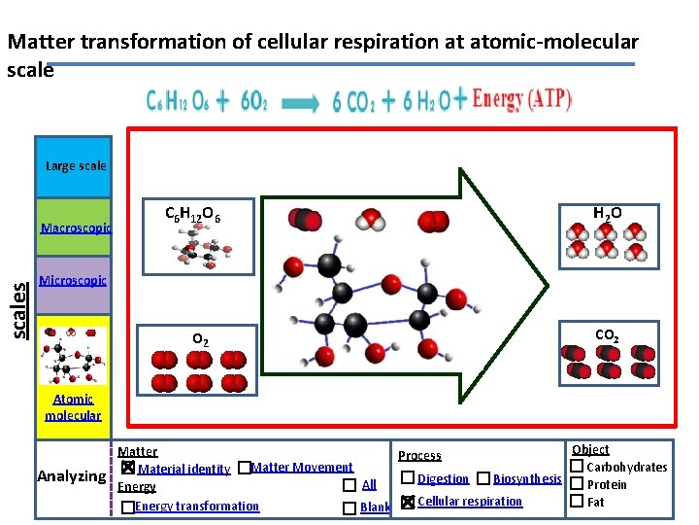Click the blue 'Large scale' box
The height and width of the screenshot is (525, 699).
(75, 166)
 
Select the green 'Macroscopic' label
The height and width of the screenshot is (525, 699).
(76, 228)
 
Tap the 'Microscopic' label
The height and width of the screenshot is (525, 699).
(73, 281)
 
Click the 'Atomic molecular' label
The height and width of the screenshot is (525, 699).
(73, 407)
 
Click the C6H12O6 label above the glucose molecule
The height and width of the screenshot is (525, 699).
(192, 214)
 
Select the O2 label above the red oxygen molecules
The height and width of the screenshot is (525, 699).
(198, 340)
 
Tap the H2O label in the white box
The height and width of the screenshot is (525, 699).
(608, 213)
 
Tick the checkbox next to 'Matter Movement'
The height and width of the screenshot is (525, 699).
(244, 469)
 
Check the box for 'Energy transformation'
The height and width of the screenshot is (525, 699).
(127, 507)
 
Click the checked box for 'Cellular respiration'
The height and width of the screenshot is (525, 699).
(407, 502)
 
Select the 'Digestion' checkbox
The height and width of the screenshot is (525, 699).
(407, 478)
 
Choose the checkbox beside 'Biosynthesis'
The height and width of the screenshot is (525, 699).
(483, 478)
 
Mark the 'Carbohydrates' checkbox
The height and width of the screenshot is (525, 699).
(576, 468)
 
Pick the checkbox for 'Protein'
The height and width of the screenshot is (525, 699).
(576, 484)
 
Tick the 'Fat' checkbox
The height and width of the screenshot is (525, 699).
(576, 502)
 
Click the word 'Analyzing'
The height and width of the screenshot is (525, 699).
(71, 476)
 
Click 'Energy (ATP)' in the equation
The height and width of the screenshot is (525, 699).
(521, 100)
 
